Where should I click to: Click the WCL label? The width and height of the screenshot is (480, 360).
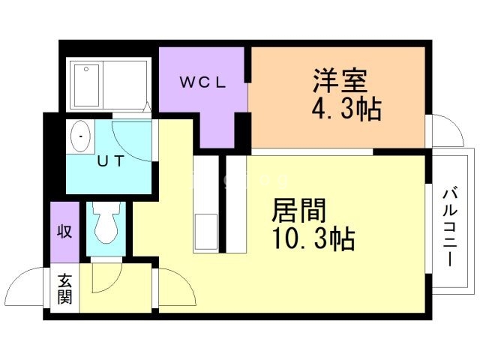click(202, 82)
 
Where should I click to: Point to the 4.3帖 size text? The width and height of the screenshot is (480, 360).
click(346, 110)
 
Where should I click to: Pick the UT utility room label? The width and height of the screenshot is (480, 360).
click(109, 160)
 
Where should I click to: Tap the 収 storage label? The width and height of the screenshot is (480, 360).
click(64, 232)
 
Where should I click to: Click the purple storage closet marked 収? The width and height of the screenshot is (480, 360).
click(64, 232)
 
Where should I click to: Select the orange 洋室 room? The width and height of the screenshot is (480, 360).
click(337, 97)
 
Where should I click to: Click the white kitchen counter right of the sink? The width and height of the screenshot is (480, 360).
click(236, 206)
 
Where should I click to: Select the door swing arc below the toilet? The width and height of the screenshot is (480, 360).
click(105, 278)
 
